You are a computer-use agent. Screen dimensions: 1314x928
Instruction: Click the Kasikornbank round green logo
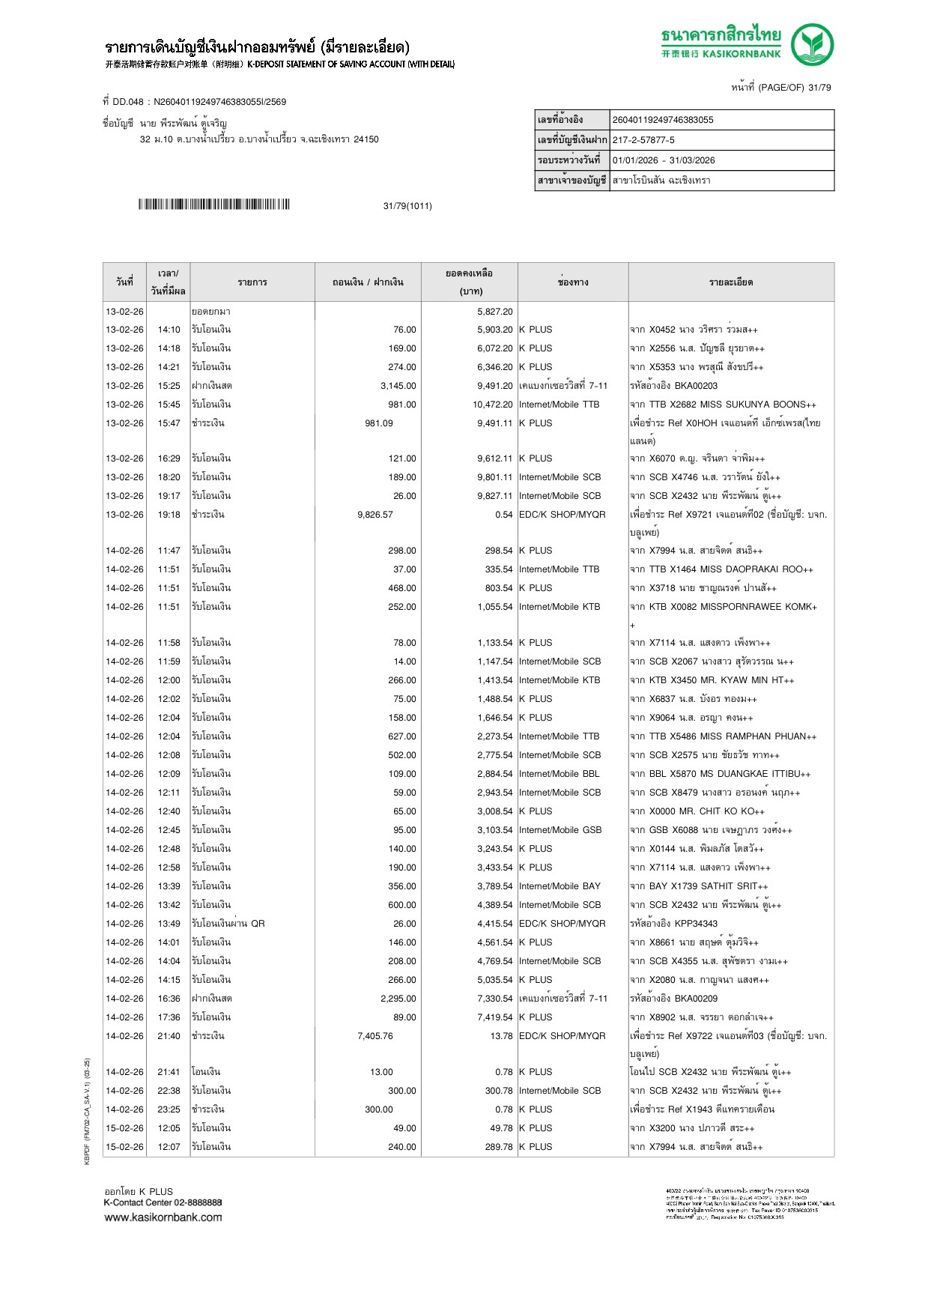(812, 44)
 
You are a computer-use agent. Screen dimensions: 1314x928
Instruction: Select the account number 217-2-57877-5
(643, 140)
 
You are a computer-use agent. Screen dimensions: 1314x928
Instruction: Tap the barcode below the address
(213, 205)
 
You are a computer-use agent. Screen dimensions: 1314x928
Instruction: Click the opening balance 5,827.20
(495, 312)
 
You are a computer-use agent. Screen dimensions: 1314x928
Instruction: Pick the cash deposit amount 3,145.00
(398, 386)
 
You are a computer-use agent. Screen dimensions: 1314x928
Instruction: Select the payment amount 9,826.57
(375, 515)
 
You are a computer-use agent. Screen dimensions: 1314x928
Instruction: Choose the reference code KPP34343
(696, 924)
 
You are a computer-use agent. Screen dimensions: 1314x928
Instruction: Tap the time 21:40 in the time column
(169, 1036)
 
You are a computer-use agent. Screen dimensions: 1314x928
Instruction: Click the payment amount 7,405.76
(375, 1036)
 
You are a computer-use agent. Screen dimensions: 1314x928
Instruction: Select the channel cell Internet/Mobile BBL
(559, 774)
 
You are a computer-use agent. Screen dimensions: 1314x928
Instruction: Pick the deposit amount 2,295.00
(398, 999)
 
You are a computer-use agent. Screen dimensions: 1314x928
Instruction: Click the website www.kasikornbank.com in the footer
(163, 1217)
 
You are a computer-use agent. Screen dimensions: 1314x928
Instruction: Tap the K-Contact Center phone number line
(163, 1202)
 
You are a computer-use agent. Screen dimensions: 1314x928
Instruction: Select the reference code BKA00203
(696, 386)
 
